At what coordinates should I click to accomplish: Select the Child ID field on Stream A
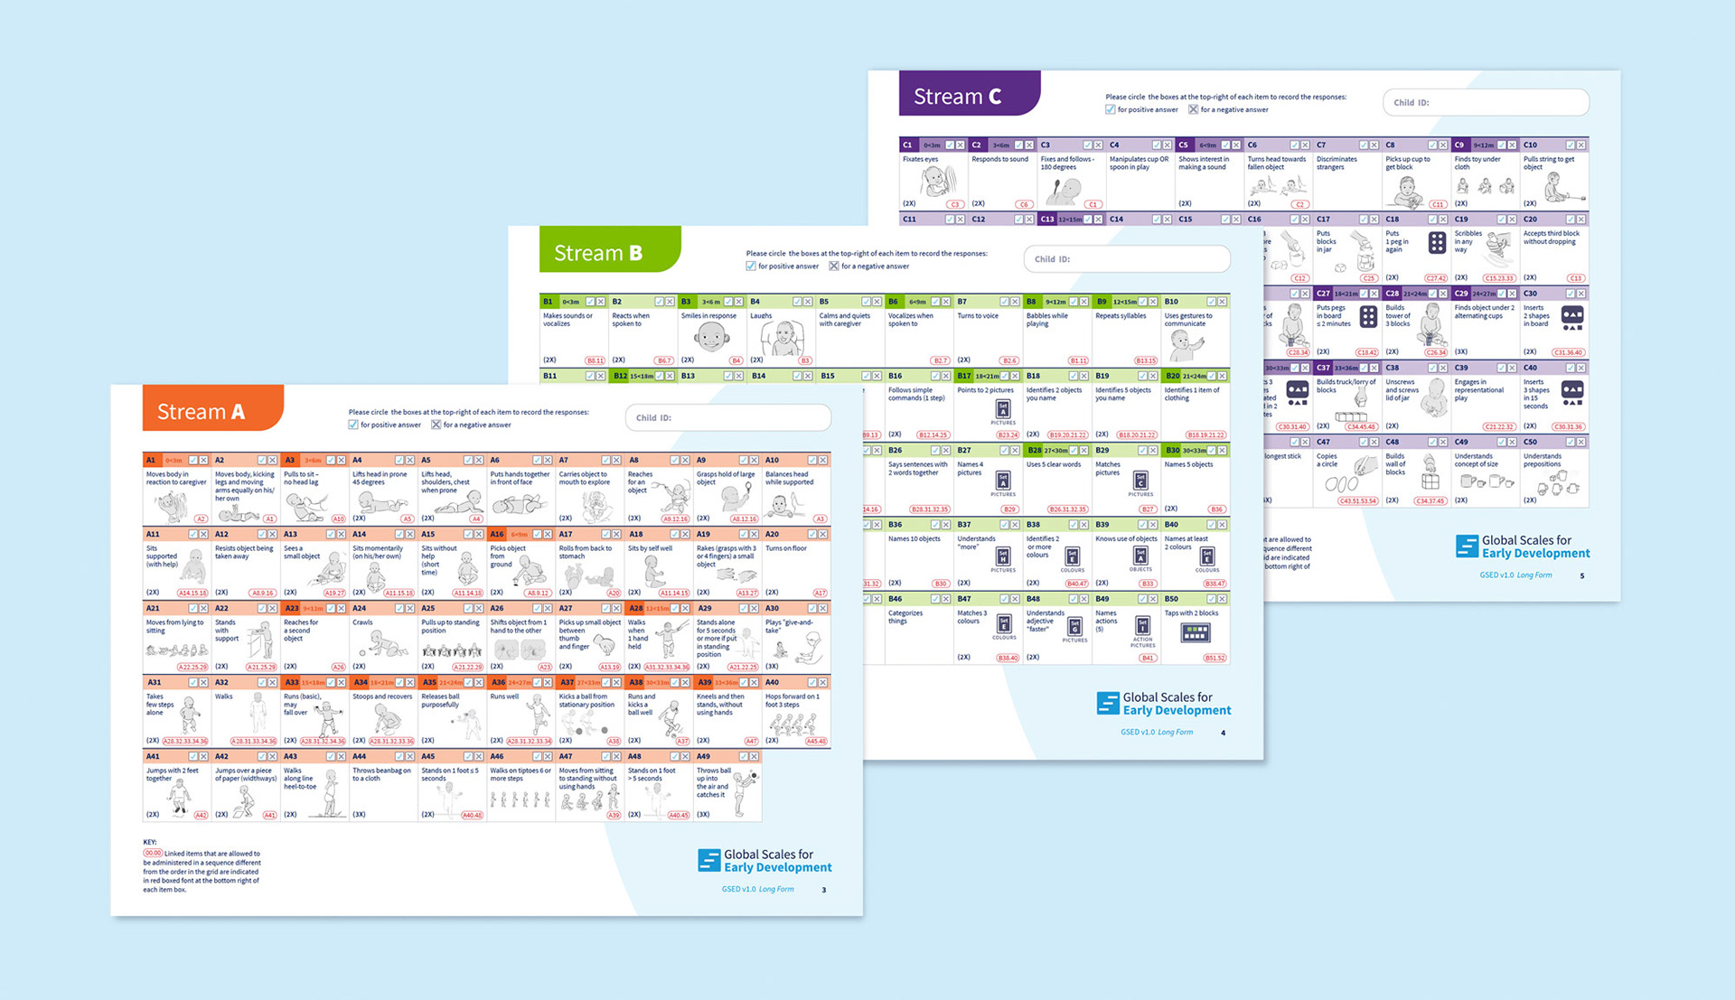[727, 417]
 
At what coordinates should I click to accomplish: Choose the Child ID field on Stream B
[1126, 259]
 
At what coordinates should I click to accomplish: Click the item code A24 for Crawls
[359, 608]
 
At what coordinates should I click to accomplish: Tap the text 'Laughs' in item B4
[761, 316]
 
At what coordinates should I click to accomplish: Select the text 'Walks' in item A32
[223, 696]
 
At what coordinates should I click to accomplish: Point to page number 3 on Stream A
[823, 890]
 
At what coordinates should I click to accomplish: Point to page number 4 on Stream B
[1223, 733]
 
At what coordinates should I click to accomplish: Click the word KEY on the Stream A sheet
[149, 842]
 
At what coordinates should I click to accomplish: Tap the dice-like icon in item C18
[1437, 242]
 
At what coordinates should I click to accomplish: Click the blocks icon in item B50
[1196, 632]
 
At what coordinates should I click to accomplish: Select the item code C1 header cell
[907, 145]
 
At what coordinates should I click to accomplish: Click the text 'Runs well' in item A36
[504, 696]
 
